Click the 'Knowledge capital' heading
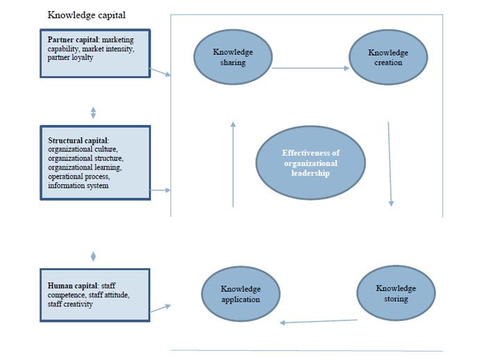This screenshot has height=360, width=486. pyautogui.click(x=86, y=15)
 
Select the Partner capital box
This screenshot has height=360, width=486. pyautogui.click(x=94, y=53)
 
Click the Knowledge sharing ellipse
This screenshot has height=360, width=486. pyautogui.click(x=233, y=57)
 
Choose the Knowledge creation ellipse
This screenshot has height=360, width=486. pyautogui.click(x=388, y=57)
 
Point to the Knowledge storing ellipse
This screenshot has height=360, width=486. pyautogui.click(x=396, y=293)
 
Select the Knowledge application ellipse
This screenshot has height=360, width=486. pyautogui.click(x=240, y=294)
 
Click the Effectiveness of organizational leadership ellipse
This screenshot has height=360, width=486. pyautogui.click(x=310, y=163)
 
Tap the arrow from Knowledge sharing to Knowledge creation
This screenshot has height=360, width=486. pyautogui.click(x=310, y=68)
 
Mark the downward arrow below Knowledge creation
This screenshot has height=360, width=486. pyautogui.click(x=389, y=164)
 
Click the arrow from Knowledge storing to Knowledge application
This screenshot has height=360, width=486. pyautogui.click(x=319, y=321)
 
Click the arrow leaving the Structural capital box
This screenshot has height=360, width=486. pyautogui.click(x=160, y=189)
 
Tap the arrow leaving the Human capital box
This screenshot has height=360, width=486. pyautogui.click(x=160, y=307)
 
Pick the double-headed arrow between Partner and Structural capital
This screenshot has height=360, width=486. pyautogui.click(x=94, y=112)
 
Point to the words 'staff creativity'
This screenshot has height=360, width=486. pyautogui.click(x=71, y=304)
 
